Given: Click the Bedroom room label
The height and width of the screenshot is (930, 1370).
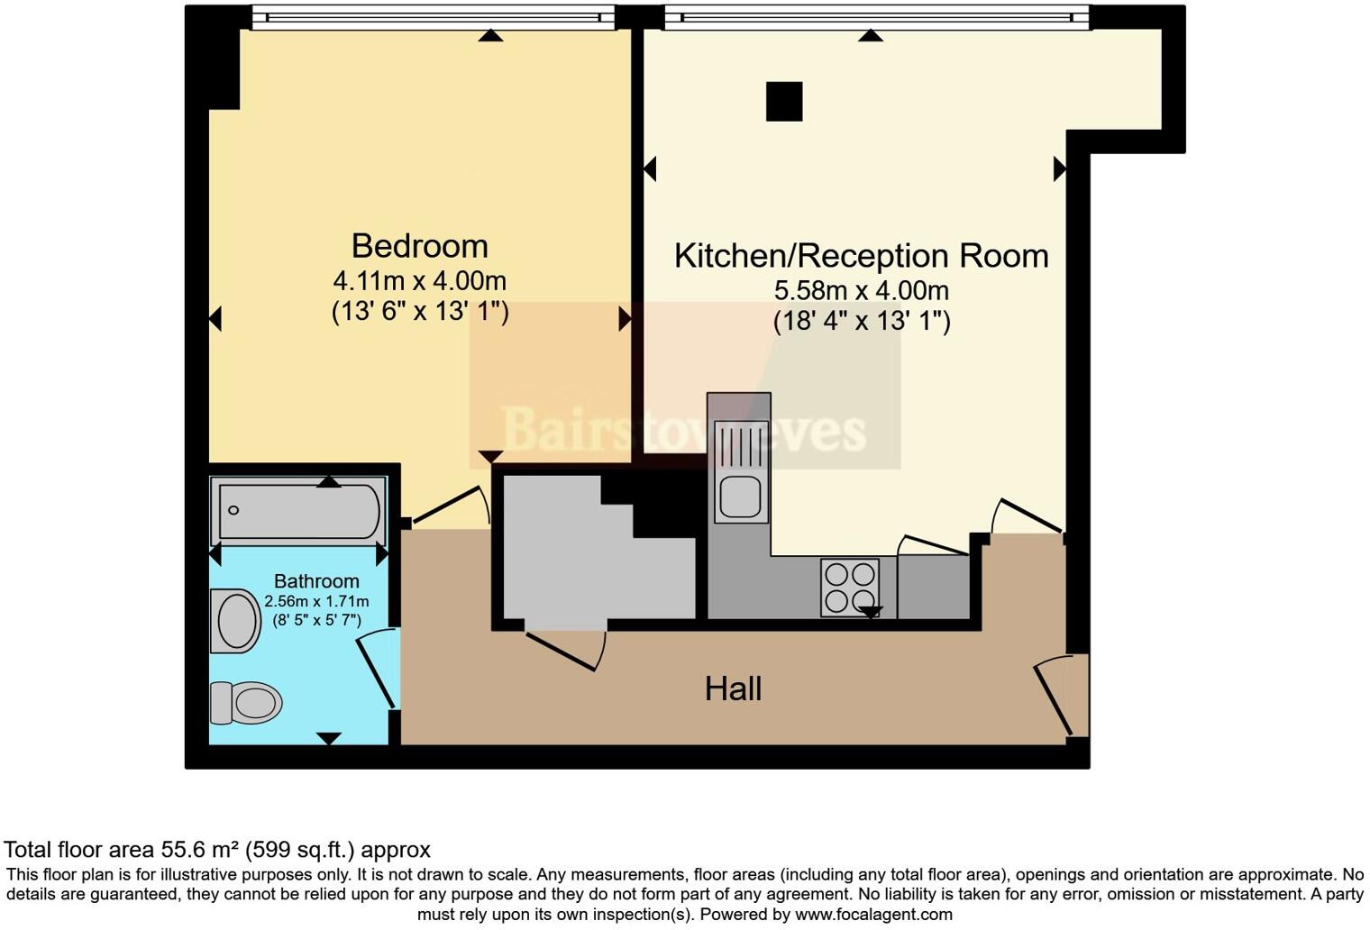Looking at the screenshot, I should point(419,246).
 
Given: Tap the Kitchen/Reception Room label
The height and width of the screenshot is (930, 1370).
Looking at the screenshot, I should point(861,256).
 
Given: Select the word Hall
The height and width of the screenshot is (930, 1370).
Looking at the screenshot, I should point(733,689).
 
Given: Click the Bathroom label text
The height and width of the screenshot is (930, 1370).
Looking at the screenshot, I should point(316,581).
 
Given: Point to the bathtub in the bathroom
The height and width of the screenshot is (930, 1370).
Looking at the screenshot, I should point(299,511).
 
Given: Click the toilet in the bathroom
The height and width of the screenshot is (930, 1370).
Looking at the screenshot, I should point(246,702).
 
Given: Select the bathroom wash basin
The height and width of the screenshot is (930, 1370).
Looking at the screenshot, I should point(236,620).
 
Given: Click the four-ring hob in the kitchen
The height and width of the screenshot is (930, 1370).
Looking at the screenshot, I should point(849,588).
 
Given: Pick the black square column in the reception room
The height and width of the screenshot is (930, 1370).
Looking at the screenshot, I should point(783,101).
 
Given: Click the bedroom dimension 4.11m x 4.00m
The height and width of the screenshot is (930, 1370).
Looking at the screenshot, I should point(419,281).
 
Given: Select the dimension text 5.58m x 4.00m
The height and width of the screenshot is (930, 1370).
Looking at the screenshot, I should point(861,291).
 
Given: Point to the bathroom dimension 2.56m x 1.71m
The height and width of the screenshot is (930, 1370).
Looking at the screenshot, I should point(316,601).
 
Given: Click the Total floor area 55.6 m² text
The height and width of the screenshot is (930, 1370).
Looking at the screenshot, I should point(216,849).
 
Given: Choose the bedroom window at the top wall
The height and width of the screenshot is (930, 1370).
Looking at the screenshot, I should point(433,16).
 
